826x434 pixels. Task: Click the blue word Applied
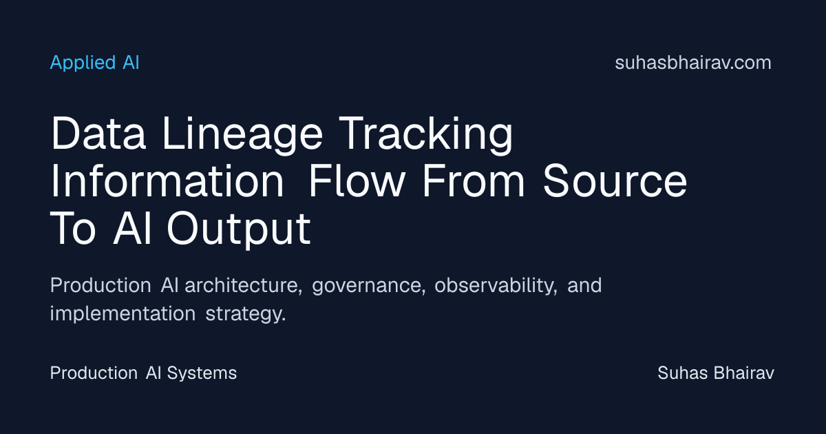83,63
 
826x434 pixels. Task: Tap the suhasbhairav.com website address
693,63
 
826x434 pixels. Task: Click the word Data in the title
98,133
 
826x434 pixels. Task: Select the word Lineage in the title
242,135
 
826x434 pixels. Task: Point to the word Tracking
426,135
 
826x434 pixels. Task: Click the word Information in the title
167,180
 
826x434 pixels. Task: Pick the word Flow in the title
357,180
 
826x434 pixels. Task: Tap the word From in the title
474,180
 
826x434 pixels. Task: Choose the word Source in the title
615,180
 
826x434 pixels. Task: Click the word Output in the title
239,229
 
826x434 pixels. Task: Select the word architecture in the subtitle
244,285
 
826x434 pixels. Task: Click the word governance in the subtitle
369,287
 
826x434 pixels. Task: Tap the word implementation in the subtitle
123,314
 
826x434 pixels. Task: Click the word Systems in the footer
202,373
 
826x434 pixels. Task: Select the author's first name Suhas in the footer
683,373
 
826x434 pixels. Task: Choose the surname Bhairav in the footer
744,373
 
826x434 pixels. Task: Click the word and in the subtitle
584,285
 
